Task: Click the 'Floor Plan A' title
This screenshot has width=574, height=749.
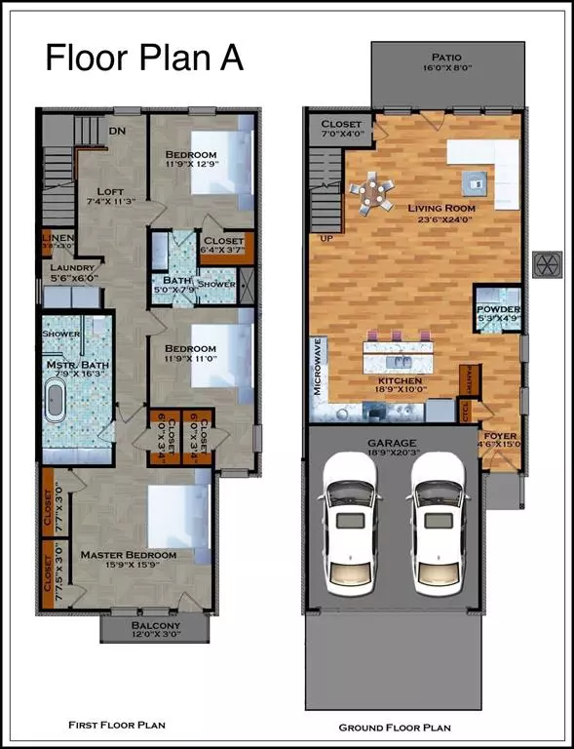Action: coord(144,59)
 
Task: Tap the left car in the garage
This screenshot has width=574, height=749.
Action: coord(347,527)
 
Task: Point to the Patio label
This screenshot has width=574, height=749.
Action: coord(429,58)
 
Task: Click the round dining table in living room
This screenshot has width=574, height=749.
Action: coord(371,192)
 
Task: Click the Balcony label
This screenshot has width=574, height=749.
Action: coord(156,626)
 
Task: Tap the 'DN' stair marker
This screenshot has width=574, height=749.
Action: coord(116,131)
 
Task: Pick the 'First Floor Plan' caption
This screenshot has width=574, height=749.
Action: coord(117,725)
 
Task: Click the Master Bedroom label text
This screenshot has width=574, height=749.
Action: coord(130,555)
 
